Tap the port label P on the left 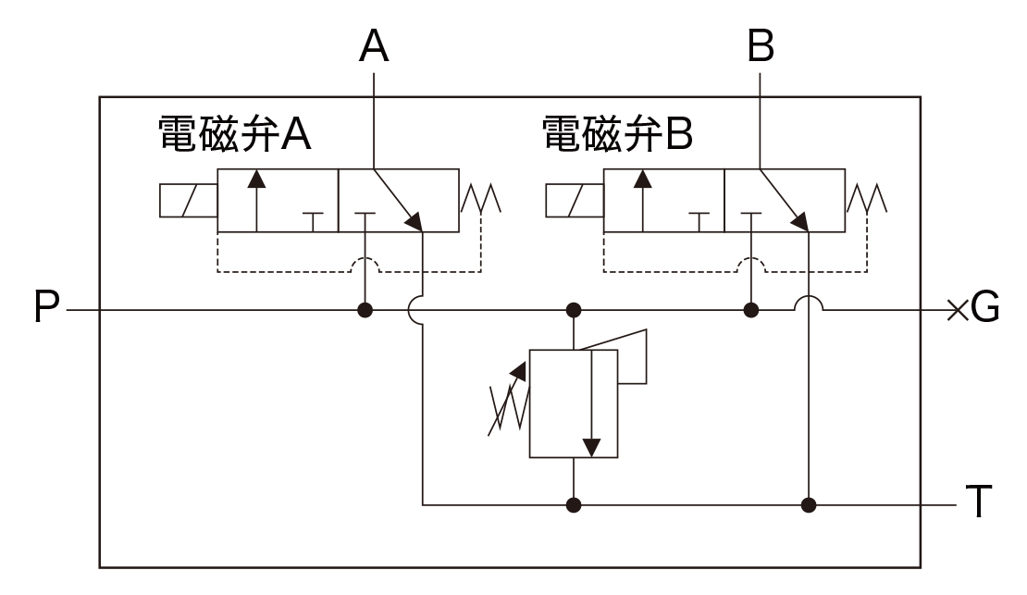coord(46,309)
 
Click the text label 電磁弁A coord(234,134)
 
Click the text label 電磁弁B coord(617,134)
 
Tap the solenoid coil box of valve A coord(188,201)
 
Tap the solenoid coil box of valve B coord(574,201)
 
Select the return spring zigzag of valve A coord(481,198)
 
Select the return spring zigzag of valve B coord(867,198)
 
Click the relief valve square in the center coord(574,403)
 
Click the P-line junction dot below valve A coord(365,309)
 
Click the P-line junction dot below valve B coord(751,309)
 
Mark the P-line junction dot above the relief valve coord(574,309)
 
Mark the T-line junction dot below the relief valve coord(574,505)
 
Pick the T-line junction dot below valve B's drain coord(810,505)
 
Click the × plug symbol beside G coord(956,309)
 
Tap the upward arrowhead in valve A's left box coord(255,178)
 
